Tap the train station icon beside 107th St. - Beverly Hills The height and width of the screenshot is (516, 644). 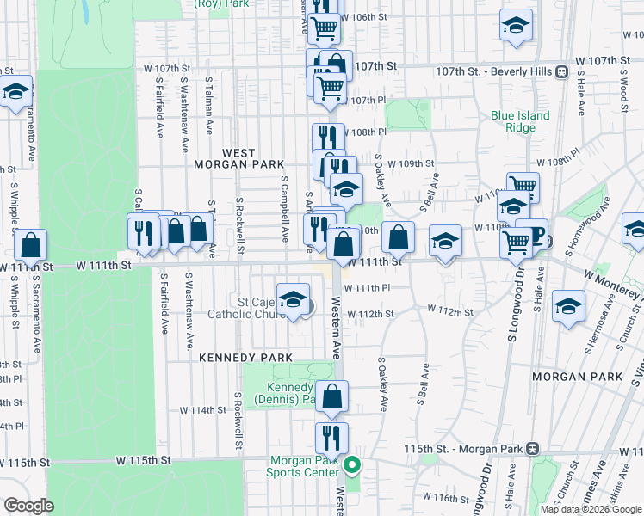click(x=560, y=71)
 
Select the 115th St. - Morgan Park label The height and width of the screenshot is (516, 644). click(x=465, y=449)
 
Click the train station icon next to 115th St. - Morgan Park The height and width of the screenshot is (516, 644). click(x=533, y=449)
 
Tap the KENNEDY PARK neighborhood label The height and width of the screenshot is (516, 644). click(x=245, y=356)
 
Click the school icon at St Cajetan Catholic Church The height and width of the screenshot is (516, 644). click(x=293, y=298)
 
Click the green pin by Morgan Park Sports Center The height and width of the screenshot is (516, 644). click(x=351, y=466)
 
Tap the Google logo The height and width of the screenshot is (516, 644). click(x=28, y=506)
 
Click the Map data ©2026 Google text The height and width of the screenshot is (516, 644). click(x=591, y=509)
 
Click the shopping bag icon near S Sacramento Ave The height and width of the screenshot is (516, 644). click(x=30, y=246)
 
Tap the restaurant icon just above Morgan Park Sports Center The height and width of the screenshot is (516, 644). click(x=331, y=439)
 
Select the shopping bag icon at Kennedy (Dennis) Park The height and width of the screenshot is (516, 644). click(x=331, y=396)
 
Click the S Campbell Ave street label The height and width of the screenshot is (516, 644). click(x=284, y=210)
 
